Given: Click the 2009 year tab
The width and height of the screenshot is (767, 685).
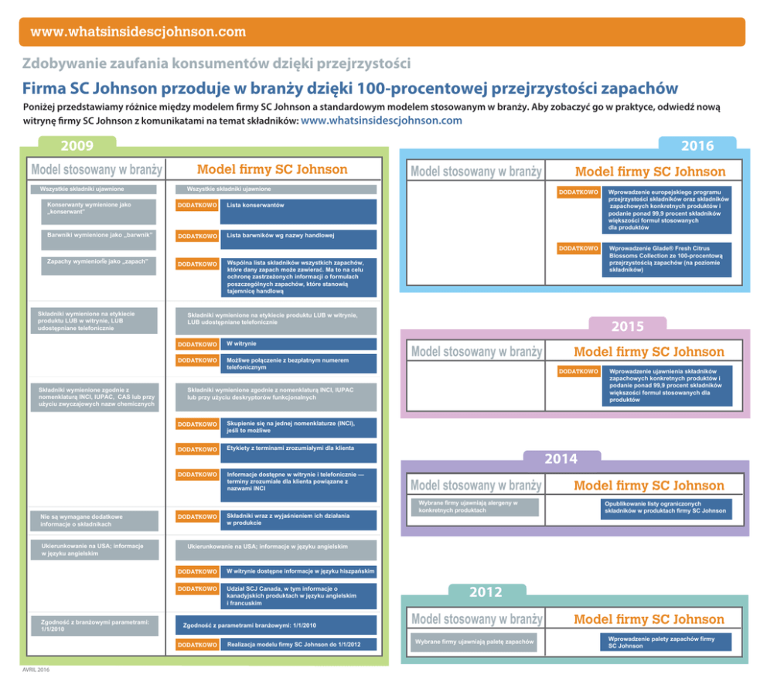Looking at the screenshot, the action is pyautogui.click(x=77, y=145).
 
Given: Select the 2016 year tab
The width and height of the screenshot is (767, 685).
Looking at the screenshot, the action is pyautogui.click(x=697, y=145).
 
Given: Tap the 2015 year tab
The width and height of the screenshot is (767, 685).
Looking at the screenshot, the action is pyautogui.click(x=627, y=326).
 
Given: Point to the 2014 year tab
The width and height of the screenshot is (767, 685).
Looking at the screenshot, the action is pyautogui.click(x=561, y=459).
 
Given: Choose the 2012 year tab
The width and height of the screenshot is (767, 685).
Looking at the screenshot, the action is pyautogui.click(x=486, y=593).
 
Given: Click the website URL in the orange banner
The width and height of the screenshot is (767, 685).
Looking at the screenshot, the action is pyautogui.click(x=138, y=32).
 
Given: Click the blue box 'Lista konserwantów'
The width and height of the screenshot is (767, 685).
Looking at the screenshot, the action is pyautogui.click(x=298, y=210).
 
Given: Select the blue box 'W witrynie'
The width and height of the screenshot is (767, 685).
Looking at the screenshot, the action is pyautogui.click(x=298, y=344).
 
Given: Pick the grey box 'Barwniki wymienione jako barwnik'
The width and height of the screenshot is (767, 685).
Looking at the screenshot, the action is pyautogui.click(x=98, y=239).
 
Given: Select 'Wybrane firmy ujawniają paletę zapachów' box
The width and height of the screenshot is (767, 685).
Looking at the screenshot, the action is pyautogui.click(x=473, y=642).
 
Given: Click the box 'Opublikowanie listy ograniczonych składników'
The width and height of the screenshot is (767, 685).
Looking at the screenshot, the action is pyautogui.click(x=664, y=507).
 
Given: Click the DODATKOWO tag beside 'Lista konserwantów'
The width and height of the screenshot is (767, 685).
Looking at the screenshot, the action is pyautogui.click(x=197, y=206).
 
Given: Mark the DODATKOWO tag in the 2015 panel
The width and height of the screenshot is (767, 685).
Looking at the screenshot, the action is pyautogui.click(x=578, y=372).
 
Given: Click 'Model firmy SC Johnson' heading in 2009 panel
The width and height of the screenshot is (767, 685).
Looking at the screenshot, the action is pyautogui.click(x=272, y=169).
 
